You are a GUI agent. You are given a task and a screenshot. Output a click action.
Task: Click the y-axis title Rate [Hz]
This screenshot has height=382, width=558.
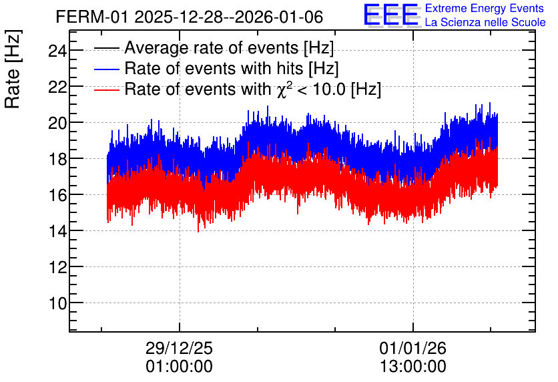[x=13, y=69]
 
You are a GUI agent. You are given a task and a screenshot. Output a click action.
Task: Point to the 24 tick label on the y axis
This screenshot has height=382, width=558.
[x=57, y=51]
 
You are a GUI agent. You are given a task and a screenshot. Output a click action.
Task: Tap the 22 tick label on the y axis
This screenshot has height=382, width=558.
[x=57, y=87]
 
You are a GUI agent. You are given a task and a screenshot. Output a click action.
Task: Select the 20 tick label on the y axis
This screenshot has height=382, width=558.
[x=57, y=123]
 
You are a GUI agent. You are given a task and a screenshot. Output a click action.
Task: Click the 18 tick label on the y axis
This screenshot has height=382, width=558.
[x=57, y=159]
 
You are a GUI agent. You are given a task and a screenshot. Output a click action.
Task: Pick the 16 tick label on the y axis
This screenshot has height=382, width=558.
[x=57, y=195]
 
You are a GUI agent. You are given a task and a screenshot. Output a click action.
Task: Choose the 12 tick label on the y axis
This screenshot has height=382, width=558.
[x=57, y=267]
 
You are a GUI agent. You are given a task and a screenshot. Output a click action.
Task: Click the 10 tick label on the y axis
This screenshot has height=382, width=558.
[x=57, y=303]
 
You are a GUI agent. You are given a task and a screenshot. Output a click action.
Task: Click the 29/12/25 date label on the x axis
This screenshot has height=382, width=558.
[x=179, y=348]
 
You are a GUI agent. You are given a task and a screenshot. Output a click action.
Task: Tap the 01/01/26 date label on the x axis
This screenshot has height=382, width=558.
[x=412, y=348]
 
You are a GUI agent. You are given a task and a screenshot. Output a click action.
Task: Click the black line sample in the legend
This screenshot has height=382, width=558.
[x=106, y=48]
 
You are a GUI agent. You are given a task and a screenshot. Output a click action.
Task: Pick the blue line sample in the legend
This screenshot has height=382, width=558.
[x=106, y=69]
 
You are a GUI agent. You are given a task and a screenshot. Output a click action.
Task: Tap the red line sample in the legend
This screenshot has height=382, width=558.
[x=106, y=89]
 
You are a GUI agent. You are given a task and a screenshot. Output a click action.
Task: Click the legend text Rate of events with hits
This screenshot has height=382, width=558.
[x=214, y=68]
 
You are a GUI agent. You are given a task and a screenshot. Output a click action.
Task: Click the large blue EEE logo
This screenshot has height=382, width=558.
[x=391, y=15]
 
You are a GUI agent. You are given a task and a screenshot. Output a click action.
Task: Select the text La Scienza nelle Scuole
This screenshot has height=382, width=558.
[x=485, y=23]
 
